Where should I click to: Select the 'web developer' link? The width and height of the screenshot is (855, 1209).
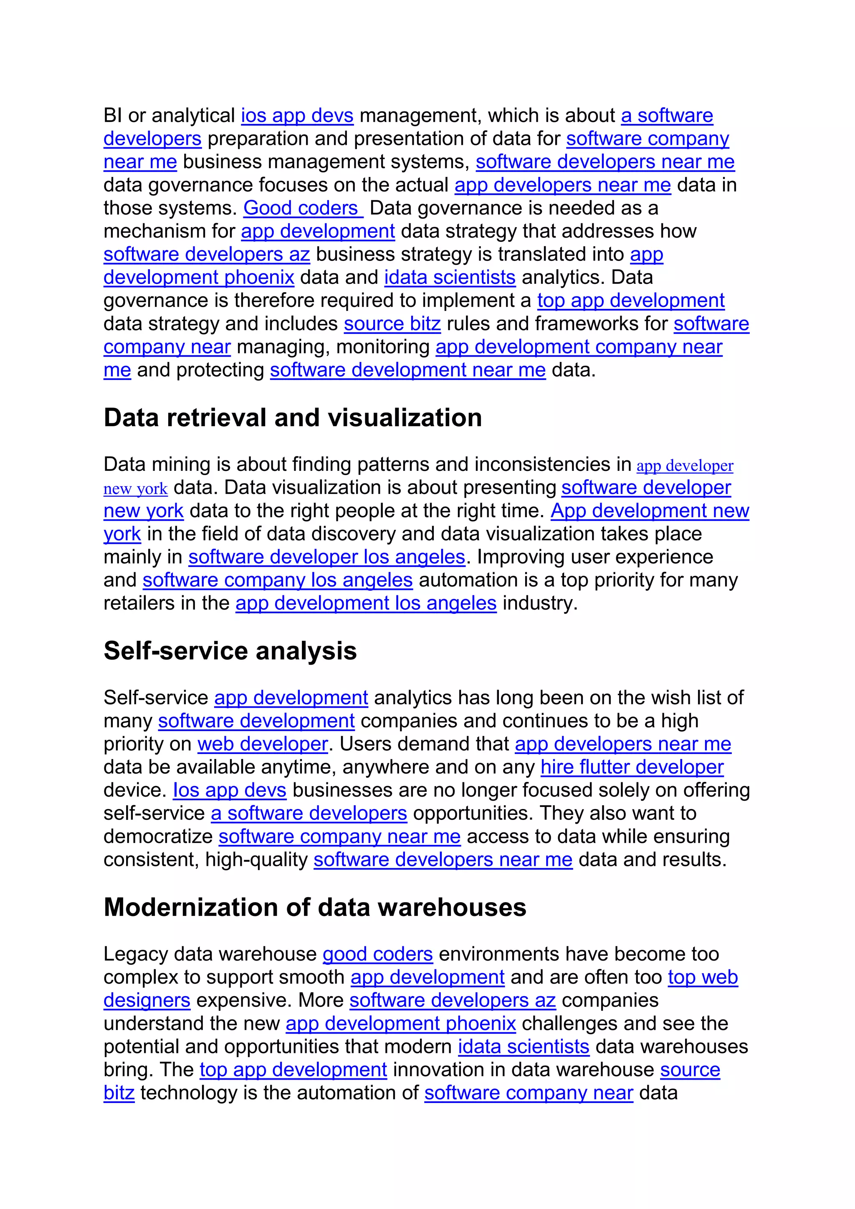(263, 744)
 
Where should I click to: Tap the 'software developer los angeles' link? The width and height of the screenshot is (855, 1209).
(326, 557)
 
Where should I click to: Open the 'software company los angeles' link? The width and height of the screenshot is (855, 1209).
(278, 580)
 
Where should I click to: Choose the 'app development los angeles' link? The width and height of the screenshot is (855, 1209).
(366, 603)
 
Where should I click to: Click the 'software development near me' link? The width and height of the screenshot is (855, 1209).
(407, 370)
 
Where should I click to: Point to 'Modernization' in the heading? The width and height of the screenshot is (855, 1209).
(191, 907)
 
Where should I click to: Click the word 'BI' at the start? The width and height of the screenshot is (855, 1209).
(113, 116)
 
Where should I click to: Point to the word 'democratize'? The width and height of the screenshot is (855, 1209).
(158, 837)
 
